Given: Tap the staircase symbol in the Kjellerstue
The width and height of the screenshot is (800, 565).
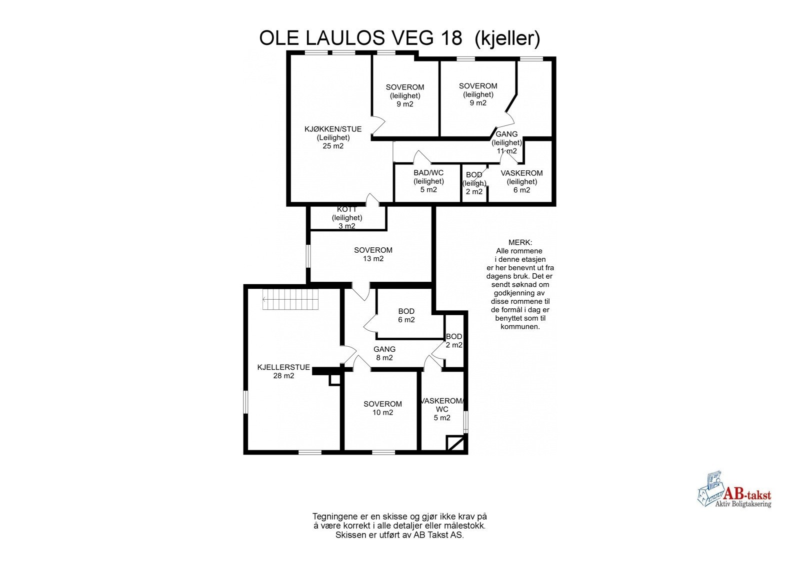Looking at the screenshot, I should click(290, 299).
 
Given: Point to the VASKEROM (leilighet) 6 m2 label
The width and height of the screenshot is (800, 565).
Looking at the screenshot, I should click(521, 181).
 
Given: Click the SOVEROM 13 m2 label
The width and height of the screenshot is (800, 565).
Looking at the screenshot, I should click(373, 254).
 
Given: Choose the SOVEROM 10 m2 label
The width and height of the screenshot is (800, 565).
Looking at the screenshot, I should click(382, 408).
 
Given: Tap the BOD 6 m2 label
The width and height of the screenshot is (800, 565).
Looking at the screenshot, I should click(406, 315).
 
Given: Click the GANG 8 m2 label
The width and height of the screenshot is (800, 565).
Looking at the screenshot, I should click(384, 353).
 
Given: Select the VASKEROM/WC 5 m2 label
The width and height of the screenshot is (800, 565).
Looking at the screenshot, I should click(442, 409).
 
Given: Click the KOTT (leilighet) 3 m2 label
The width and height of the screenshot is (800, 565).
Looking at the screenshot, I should click(347, 218).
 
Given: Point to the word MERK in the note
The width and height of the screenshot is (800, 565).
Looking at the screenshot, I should click(520, 242).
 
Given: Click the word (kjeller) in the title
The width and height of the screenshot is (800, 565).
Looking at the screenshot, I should click(507, 38).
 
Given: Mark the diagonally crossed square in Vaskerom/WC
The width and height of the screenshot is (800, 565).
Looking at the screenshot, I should click(455, 443).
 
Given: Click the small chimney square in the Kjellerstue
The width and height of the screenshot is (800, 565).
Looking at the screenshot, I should click(334, 380).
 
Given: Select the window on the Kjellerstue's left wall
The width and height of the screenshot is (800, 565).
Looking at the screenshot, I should click(245, 402).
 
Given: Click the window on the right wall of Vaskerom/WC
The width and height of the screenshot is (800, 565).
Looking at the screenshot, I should click(466, 422).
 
